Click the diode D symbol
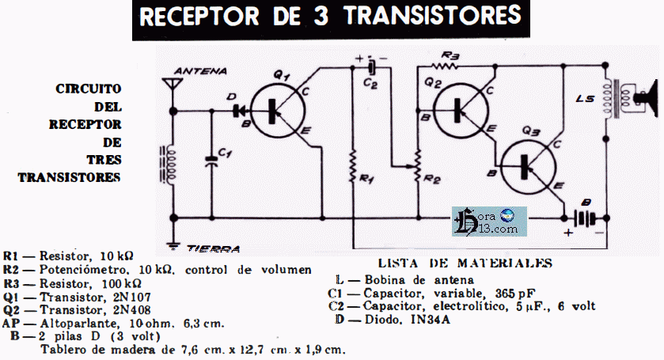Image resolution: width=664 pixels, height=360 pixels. [x=235, y=109]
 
